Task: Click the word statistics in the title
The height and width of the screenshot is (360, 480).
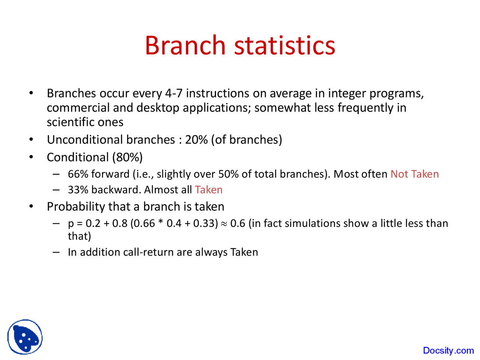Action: tap(285, 45)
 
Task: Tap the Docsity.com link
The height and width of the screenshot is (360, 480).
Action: tap(448, 351)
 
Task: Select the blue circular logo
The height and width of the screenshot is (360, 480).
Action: tap(25, 337)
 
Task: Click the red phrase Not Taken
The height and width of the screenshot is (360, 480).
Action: tap(414, 174)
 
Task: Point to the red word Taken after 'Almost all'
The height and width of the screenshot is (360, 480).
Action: tap(208, 190)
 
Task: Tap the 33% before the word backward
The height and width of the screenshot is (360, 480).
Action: tap(78, 190)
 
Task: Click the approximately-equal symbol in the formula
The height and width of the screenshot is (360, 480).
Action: tap(224, 224)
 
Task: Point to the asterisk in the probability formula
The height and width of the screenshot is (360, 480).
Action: tap(160, 223)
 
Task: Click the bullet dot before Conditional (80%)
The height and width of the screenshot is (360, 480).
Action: tap(31, 157)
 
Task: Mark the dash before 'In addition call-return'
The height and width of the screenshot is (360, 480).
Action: tap(56, 252)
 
